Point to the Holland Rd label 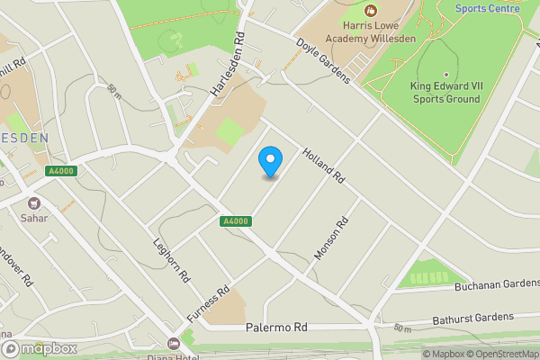tap(324, 166)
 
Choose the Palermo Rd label tap(276, 328)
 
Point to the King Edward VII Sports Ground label tap(445, 93)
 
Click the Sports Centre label tap(487, 8)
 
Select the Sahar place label tap(35, 217)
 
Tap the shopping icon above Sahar tap(35, 203)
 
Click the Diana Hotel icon tap(174, 343)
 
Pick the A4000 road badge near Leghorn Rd tap(233, 221)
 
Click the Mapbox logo tap(38, 348)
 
